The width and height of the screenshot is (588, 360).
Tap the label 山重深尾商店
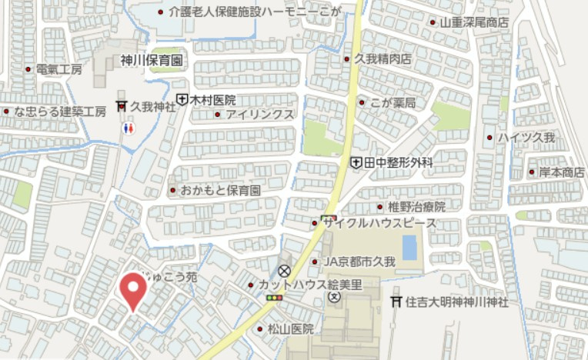tap(473, 23)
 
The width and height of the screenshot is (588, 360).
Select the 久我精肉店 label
tap(383, 58)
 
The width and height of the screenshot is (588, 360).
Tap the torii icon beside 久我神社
tap(122, 106)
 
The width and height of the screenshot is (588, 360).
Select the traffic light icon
tap(273, 297)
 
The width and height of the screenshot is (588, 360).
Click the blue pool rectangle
tap(409, 248)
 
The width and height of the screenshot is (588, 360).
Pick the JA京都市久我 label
tap(359, 262)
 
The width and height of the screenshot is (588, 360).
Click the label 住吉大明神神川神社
tap(457, 302)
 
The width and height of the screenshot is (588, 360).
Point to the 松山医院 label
tap(291, 328)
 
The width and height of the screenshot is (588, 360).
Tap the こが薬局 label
tap(393, 102)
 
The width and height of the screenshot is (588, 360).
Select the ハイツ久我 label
tap(526, 138)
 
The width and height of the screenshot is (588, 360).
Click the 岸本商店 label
tap(561, 172)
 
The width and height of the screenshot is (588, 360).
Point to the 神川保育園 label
tap(151, 60)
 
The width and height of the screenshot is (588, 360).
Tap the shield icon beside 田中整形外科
tap(356, 163)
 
